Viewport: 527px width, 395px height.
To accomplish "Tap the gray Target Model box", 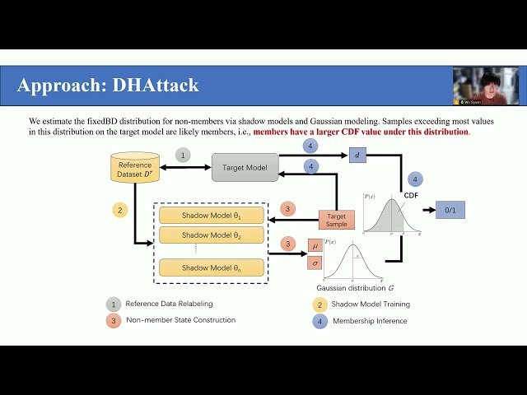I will [245, 167].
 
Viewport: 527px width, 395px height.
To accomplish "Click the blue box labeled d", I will [357, 155].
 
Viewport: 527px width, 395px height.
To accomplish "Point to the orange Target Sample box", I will [336, 220].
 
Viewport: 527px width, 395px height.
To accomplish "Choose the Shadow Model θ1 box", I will [212, 216].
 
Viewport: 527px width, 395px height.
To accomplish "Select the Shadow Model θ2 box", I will [212, 235].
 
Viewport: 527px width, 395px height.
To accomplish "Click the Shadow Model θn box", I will [212, 267].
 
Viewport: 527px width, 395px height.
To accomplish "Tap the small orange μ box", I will [314, 246].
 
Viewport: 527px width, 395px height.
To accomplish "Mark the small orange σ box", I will [314, 263].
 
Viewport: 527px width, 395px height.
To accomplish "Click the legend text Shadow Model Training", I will [371, 304].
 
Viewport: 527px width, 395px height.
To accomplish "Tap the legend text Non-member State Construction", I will [181, 320].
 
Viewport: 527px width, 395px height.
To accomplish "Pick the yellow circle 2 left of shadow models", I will [119, 210].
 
